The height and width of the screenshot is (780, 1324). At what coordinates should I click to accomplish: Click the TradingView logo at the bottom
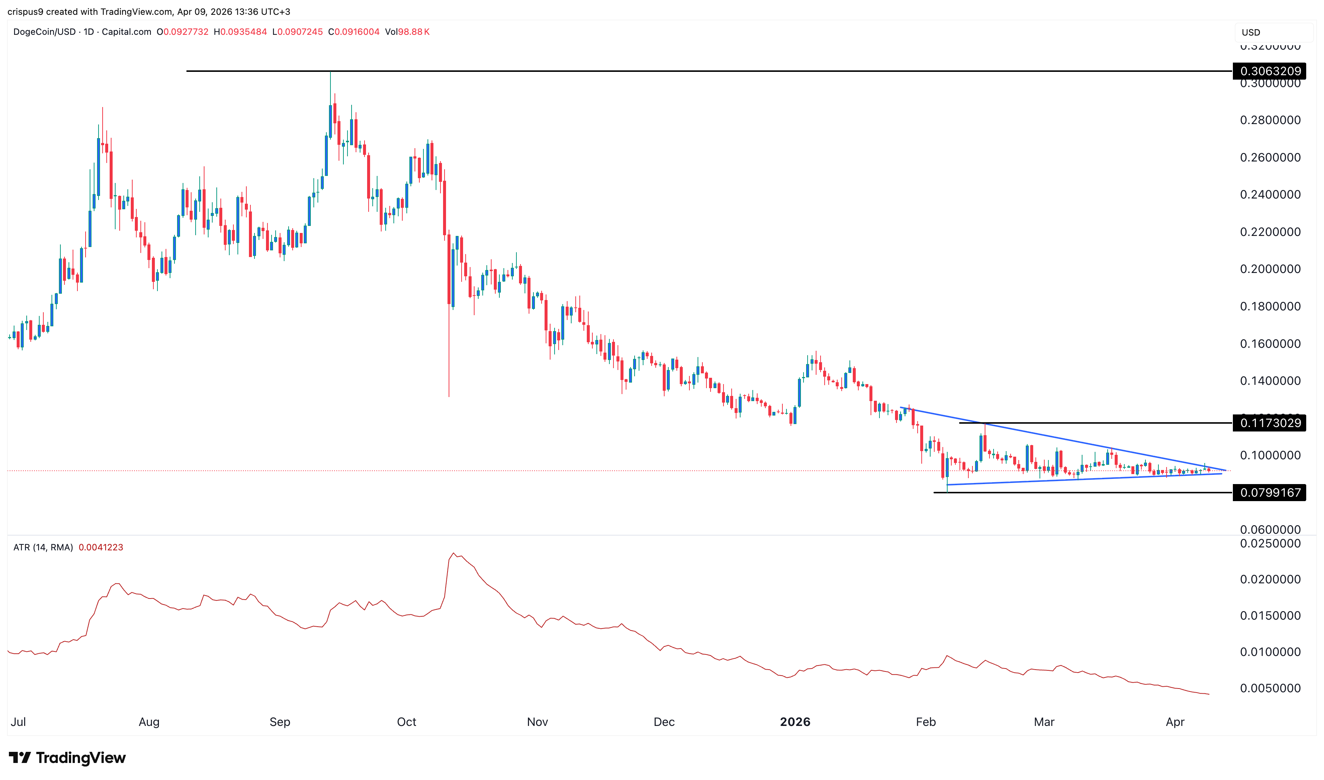67,757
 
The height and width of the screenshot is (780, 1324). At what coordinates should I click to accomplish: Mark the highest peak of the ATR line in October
453,553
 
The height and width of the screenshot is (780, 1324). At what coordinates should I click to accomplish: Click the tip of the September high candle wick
330,73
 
